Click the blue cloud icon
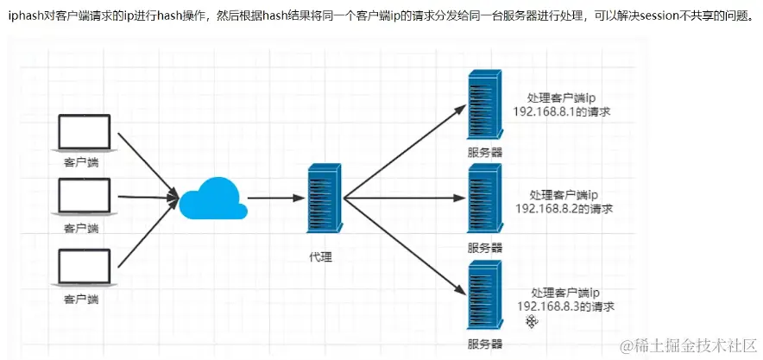(x=211, y=200)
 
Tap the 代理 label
(x=320, y=257)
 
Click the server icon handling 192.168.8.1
(x=484, y=106)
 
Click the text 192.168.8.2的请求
(x=564, y=210)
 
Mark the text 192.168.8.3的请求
(x=566, y=306)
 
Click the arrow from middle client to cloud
(x=145, y=197)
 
